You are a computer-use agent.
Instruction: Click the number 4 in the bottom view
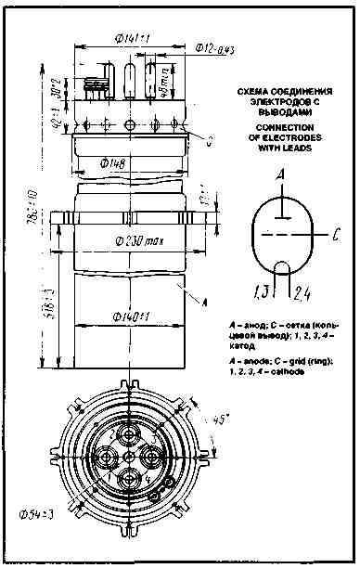click(x=146, y=479)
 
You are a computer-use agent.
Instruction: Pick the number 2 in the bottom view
click(x=114, y=432)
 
